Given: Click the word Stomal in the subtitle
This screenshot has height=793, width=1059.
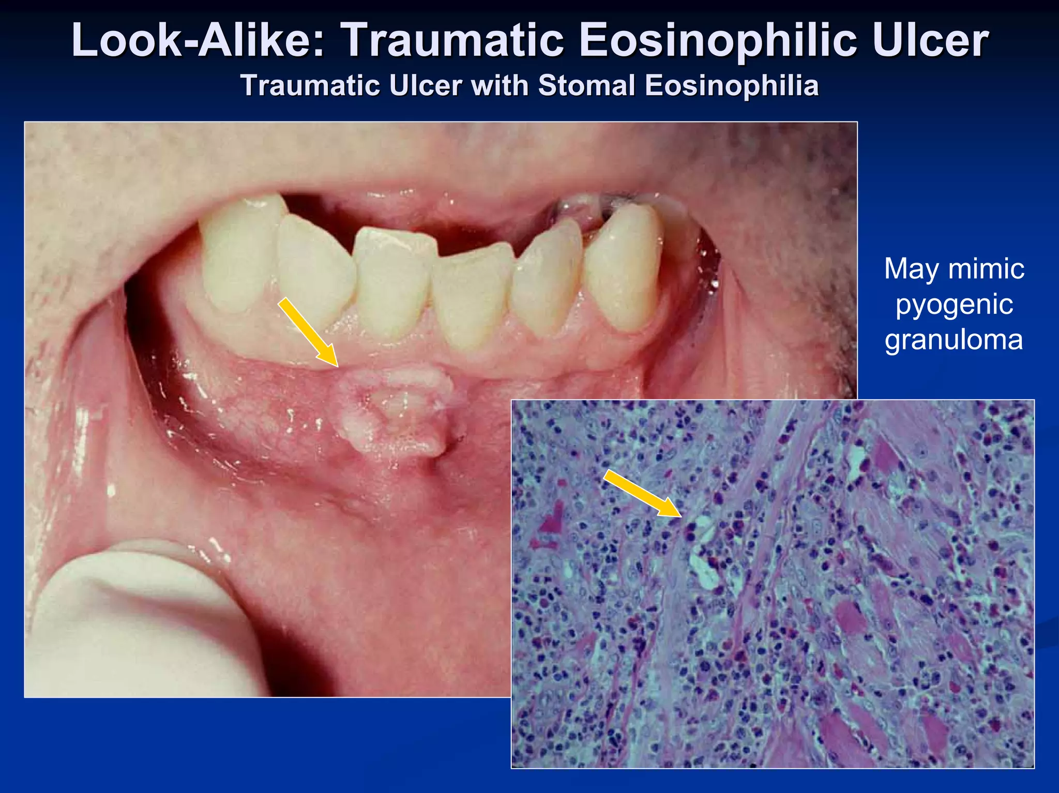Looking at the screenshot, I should (586, 85).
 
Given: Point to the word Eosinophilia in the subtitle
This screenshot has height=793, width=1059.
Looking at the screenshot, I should (732, 85).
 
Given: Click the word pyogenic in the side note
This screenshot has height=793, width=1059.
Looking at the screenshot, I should (954, 305).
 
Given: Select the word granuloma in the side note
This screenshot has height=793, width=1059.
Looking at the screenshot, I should (954, 340).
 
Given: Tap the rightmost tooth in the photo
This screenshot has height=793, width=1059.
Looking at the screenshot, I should (623, 264).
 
